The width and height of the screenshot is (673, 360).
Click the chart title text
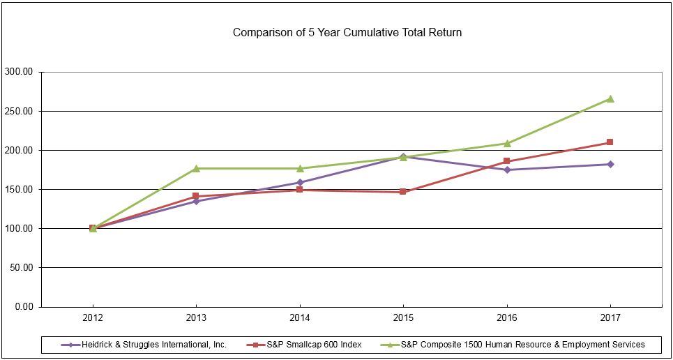coord(347,32)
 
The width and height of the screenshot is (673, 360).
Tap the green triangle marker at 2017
coord(610,99)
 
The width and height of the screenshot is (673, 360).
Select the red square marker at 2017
coord(610,142)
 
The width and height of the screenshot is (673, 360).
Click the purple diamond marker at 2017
coord(610,164)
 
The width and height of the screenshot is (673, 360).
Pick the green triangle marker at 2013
coord(196,168)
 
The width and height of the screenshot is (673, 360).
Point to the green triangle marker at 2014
coord(300,168)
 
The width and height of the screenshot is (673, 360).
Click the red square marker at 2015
coord(403,191)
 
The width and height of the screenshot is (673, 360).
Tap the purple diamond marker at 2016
coord(507,170)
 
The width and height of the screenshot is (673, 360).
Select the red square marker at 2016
coord(507,161)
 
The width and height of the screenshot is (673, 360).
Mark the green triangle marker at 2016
coord(507,144)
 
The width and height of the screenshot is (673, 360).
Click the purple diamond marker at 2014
coord(300,183)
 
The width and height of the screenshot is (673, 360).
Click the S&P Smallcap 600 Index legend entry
coord(306,344)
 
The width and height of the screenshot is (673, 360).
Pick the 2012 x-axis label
coord(93,317)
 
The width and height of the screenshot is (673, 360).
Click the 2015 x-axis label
coord(403,317)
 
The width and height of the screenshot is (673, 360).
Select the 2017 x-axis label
coord(610,317)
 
